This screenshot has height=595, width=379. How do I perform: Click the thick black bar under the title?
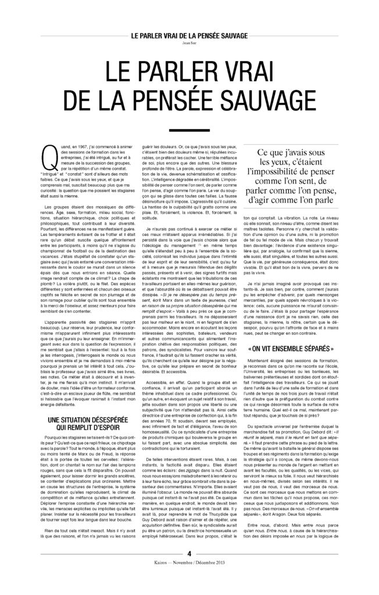coord(189,132)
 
